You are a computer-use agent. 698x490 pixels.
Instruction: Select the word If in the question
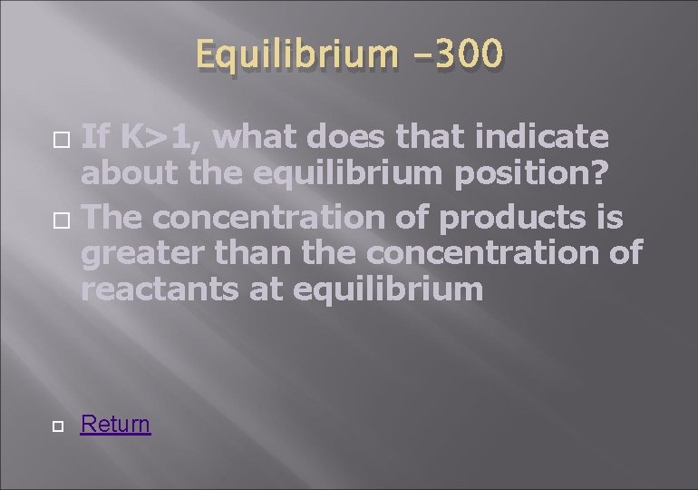click(x=96, y=136)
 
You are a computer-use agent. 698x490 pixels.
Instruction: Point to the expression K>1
click(x=162, y=136)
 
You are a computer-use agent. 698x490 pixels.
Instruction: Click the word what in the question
click(x=264, y=136)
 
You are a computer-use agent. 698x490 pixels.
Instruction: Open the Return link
click(x=115, y=424)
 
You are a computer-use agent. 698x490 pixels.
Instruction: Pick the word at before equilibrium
click(x=261, y=290)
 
